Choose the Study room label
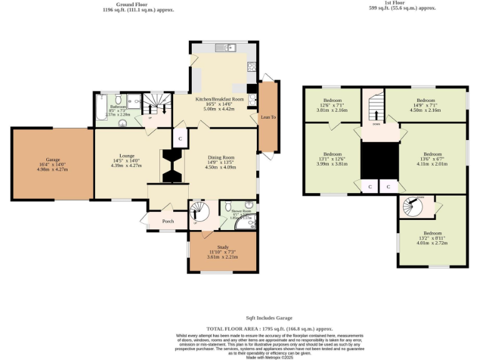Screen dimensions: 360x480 pos(223,248)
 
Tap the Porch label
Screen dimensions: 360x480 pos(167,221)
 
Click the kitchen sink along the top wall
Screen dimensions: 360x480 pos(224,48)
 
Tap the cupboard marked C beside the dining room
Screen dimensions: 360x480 pos(180,138)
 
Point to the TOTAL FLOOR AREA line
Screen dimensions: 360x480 pos(269,328)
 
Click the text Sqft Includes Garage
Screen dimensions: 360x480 pos(269,318)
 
